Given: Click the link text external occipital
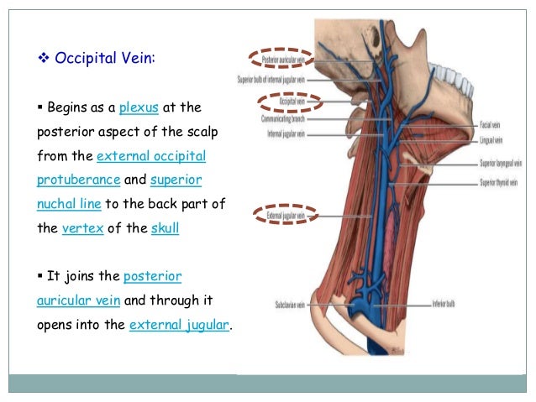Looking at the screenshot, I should click(x=151, y=156).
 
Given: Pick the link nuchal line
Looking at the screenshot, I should click(x=72, y=204).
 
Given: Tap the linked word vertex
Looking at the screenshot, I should click(x=82, y=227).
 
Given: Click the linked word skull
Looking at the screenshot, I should click(x=165, y=227).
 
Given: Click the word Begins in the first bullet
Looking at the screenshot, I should click(x=70, y=107).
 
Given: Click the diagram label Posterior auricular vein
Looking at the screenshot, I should click(x=281, y=60).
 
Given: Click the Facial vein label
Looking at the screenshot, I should click(x=490, y=124).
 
